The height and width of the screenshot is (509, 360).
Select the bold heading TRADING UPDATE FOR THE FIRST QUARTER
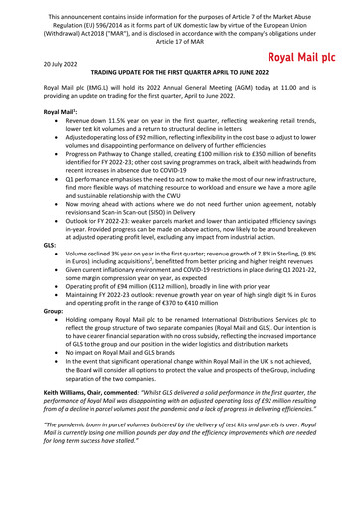tap(180, 75)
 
